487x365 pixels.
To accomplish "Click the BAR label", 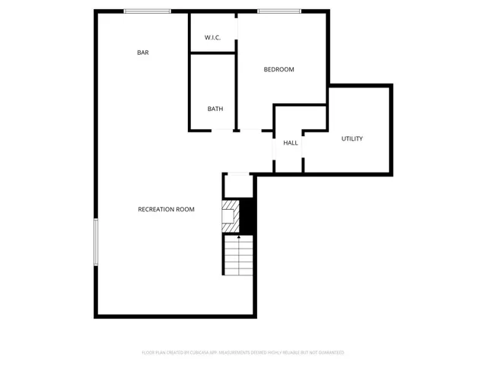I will [142, 52].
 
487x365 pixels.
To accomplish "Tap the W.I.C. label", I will [212, 38].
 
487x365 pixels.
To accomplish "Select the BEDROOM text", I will [279, 69].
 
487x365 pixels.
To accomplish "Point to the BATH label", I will [215, 109].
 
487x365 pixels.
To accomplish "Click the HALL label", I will [291, 143].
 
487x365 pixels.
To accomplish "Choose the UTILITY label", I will [352, 138].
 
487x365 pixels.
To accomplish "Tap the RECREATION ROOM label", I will [166, 209].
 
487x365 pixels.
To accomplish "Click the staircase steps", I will [238, 259].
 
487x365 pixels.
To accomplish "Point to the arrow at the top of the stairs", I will [239, 237].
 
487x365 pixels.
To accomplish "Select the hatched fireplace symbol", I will [229, 215].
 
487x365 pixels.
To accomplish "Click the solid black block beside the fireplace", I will [245, 216].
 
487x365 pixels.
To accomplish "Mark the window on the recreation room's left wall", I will [96, 242].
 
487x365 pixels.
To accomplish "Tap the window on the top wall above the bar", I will [148, 11].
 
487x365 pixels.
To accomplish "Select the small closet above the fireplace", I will [237, 186].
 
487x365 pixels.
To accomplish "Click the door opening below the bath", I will [222, 131].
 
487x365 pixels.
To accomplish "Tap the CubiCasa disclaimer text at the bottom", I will [243, 353].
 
